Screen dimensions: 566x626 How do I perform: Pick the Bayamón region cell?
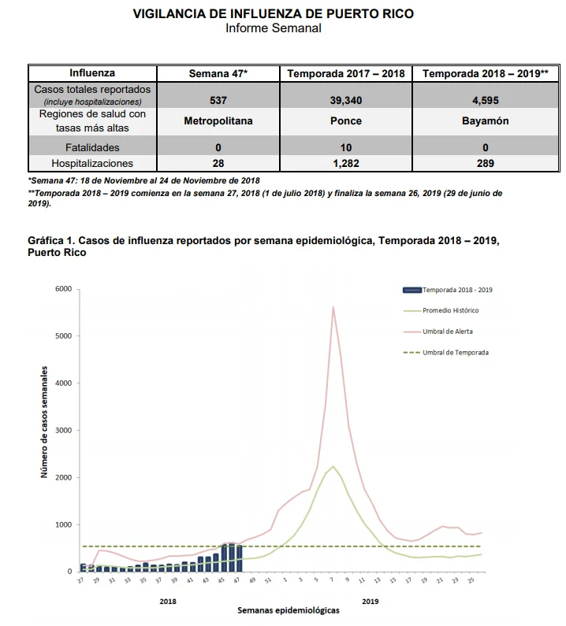coord(486,121)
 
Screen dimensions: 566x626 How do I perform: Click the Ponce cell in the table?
coord(346,121)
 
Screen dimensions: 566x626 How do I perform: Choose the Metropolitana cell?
coord(218,121)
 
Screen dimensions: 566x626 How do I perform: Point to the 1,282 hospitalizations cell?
coord(346,163)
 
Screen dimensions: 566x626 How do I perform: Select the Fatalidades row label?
coord(92,148)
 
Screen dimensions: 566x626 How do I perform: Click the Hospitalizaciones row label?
coord(92,163)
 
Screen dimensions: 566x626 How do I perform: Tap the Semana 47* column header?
coord(218,73)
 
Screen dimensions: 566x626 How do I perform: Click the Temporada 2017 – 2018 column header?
coord(346,73)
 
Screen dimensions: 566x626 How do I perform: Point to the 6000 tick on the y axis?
coord(64,289)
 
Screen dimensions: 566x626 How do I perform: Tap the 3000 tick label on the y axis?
coord(64,431)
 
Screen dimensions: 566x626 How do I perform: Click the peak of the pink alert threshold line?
coord(333,306)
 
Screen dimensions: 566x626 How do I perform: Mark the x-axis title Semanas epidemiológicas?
coord(289,610)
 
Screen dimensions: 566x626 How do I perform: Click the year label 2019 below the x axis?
coord(371,602)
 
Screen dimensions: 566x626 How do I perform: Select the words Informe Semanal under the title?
coord(274,28)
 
